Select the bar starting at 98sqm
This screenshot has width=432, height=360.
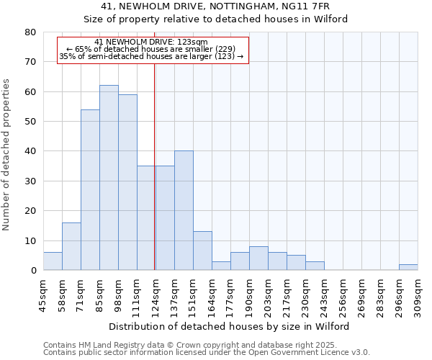(127, 182)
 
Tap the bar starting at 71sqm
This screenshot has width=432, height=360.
(90, 190)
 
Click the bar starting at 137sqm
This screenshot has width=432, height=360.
(184, 210)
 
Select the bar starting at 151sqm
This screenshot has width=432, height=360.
(202, 251)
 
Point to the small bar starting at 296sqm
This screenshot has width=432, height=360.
(408, 267)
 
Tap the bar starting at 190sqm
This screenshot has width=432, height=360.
(258, 258)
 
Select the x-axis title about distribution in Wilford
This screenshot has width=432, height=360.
(230, 327)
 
